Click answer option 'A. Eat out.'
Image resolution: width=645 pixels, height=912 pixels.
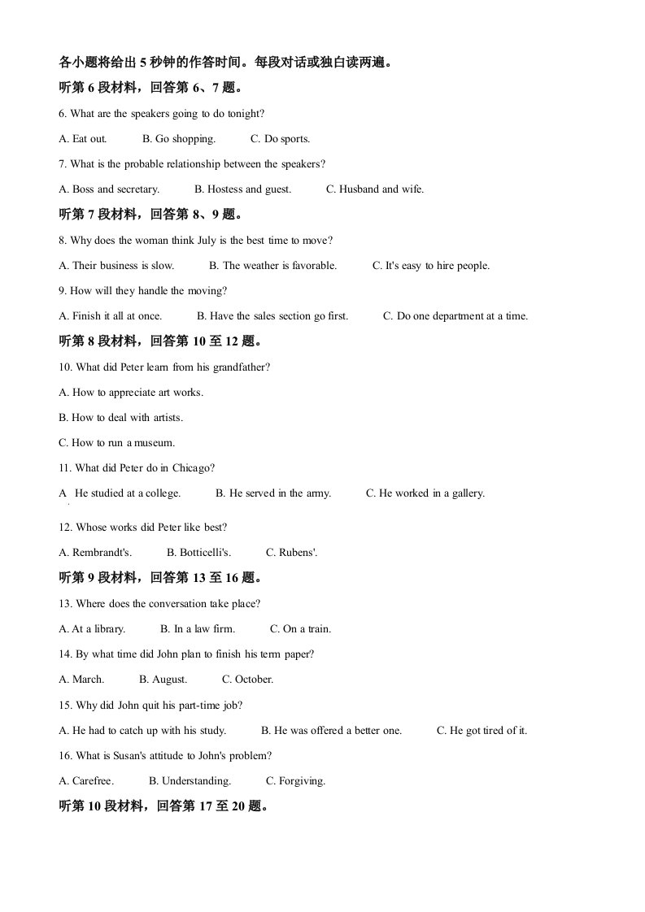point(83,139)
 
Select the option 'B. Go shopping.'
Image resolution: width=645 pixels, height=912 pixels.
point(179,139)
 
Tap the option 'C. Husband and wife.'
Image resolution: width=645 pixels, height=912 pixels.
point(375,189)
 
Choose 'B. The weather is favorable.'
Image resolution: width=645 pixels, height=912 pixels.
point(272,266)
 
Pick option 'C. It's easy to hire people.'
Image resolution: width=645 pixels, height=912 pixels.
point(431,266)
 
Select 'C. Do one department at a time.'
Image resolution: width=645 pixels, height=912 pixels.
point(455,316)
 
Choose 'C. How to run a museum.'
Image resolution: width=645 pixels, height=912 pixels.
point(117,443)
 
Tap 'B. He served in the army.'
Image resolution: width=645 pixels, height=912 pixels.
point(273,493)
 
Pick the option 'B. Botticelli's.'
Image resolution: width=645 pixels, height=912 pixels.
point(198,553)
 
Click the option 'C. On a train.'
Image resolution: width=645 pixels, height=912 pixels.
point(300,629)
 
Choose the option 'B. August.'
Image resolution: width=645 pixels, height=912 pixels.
point(163,680)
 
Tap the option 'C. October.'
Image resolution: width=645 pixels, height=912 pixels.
point(247,680)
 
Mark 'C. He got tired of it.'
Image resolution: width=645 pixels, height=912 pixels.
point(482,731)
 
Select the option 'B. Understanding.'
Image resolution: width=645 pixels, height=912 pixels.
point(190,781)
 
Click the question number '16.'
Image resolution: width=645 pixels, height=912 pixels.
point(66,756)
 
